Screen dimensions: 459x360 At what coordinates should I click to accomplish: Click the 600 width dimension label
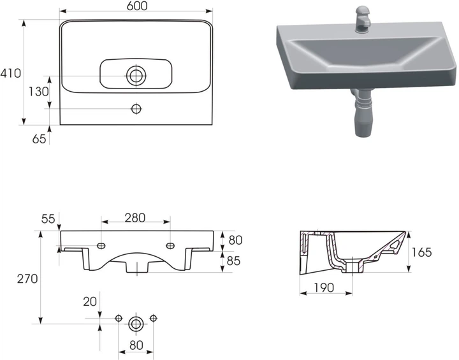point(137,6)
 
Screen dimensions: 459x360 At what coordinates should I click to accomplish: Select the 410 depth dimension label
point(11,73)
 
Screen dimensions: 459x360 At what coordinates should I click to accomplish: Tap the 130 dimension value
point(38,92)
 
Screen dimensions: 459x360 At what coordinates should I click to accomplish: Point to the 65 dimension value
point(39,139)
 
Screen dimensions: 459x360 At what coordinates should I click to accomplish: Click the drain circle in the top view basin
point(136,76)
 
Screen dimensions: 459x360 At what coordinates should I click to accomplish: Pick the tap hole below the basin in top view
point(136,109)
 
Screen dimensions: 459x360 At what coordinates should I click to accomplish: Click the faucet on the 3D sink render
point(363,19)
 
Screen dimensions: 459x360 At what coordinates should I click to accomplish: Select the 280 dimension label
point(135,218)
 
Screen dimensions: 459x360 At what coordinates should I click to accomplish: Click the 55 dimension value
point(48,219)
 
